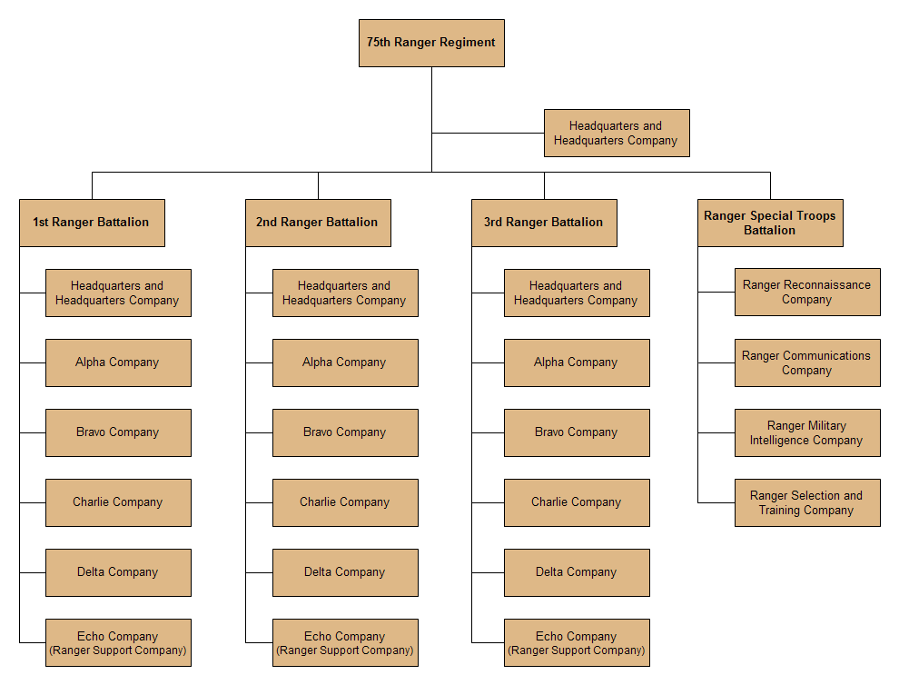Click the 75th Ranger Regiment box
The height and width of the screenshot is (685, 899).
(431, 43)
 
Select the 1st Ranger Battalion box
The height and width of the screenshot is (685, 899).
(92, 223)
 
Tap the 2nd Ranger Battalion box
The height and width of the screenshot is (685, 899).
(318, 223)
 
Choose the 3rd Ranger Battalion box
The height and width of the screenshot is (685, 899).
(544, 223)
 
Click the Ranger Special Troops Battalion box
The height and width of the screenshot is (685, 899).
(770, 223)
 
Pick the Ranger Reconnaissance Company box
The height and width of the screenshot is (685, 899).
(807, 293)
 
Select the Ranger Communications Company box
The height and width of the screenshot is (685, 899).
(807, 362)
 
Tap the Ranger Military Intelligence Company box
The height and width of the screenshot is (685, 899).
(807, 432)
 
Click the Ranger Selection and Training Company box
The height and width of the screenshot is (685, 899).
(807, 502)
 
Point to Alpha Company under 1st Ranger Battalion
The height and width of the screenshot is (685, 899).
(118, 362)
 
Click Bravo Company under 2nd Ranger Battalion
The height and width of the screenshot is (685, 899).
(345, 432)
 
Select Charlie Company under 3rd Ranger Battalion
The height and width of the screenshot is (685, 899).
(577, 502)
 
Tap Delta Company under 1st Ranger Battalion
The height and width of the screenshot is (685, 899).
(118, 572)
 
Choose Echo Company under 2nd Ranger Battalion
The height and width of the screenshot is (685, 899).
(345, 642)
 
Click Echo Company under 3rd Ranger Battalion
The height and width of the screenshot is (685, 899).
(577, 642)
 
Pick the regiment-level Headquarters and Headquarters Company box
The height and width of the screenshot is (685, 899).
(617, 133)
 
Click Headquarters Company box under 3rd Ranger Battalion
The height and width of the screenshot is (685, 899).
(577, 293)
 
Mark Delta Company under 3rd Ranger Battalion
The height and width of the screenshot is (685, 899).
(577, 572)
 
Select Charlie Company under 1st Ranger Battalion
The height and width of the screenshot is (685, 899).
(118, 502)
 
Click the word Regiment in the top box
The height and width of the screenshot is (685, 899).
(469, 43)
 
